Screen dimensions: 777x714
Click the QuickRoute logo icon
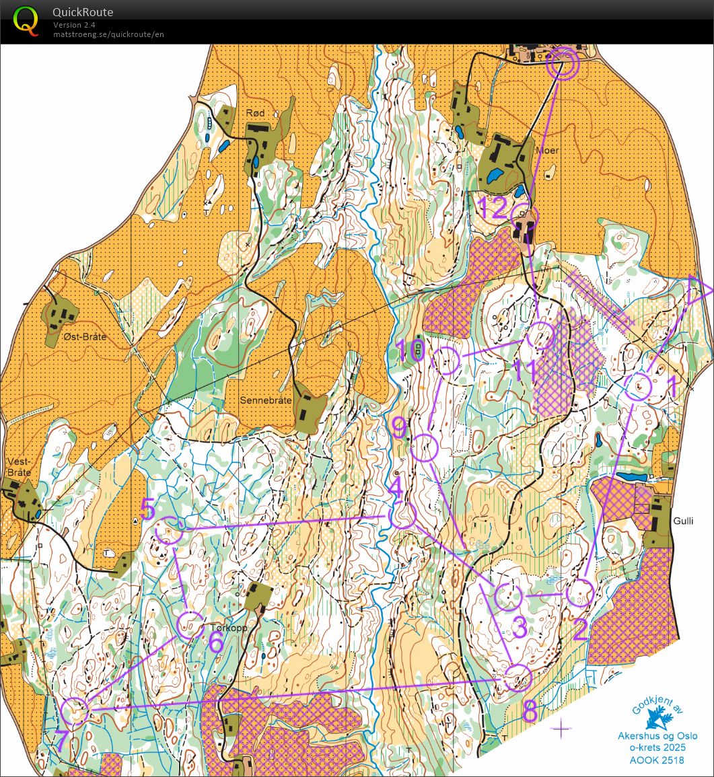pyautogui.click(x=26, y=20)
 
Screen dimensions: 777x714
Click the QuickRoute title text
pyautogui.click(x=83, y=12)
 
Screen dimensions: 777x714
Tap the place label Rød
pyautogui.click(x=256, y=113)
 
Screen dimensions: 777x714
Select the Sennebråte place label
pyautogui.click(x=266, y=400)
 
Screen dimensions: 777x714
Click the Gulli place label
pyautogui.click(x=682, y=521)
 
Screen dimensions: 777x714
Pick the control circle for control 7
pyautogui.click(x=75, y=711)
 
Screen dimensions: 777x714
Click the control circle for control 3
pyautogui.click(x=508, y=597)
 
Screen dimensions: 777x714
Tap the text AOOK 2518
pyautogui.click(x=657, y=760)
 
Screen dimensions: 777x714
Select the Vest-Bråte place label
pyautogui.click(x=19, y=467)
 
